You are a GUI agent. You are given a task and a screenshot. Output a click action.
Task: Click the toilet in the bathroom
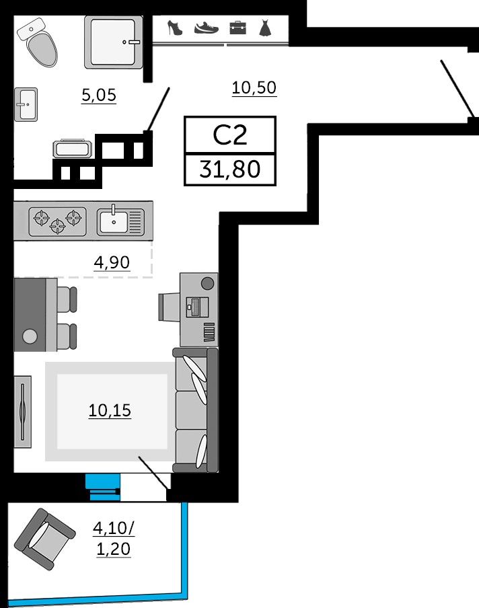tap(38, 42)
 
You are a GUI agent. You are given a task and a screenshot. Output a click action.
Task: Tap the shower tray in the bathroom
tap(113, 42)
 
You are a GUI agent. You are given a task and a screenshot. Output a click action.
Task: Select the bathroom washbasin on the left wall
tap(26, 104)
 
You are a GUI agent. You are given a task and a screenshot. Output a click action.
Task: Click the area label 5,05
tap(99, 95)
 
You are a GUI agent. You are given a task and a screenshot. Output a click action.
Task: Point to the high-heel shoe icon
tap(174, 28)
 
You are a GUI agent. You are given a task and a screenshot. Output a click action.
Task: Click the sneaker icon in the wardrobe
tap(207, 28)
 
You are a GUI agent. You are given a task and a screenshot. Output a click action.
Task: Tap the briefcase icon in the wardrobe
tap(237, 28)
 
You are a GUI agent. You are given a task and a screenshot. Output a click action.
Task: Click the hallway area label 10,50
tap(254, 88)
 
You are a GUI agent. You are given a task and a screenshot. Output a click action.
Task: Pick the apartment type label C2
tap(230, 135)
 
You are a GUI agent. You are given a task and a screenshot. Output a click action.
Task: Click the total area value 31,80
tap(230, 169)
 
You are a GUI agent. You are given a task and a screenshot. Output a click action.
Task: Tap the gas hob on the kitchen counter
tap(57, 221)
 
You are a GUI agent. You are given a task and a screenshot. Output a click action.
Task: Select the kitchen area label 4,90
tap(112, 263)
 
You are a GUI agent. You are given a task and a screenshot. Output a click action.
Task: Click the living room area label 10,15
tap(110, 411)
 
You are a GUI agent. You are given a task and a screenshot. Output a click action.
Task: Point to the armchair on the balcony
tap(44, 539)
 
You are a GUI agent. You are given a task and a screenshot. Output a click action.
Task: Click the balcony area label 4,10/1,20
tap(113, 539)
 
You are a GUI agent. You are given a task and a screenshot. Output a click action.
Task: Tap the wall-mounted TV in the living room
tap(22, 412)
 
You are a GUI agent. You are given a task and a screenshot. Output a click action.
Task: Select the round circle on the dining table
tap(30, 336)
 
